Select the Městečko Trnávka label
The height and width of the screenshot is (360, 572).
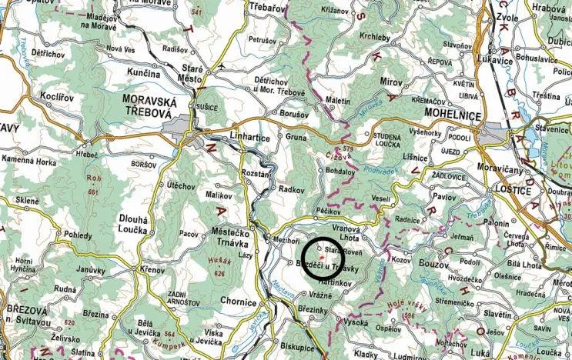228,238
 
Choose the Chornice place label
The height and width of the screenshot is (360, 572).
238,302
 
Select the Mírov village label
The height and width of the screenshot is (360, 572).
392,81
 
